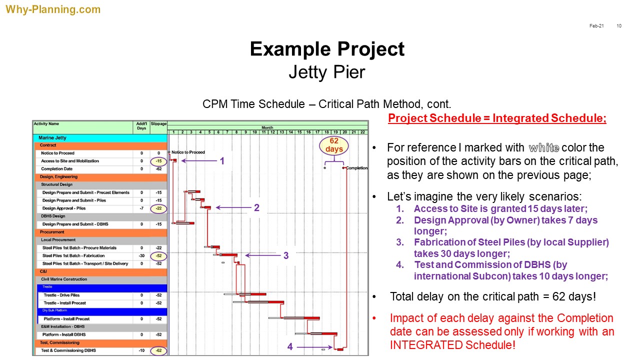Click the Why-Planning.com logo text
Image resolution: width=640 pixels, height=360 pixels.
tap(53, 9)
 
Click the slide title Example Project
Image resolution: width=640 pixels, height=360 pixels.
tap(327, 49)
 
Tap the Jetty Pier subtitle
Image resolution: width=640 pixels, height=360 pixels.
tap(327, 72)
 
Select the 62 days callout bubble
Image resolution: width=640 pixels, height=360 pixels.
tap(333, 145)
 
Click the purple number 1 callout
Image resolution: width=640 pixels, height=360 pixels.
tap(222, 161)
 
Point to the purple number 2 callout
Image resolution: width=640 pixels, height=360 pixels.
tap(256, 207)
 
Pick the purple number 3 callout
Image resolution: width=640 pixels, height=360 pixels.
tap(285, 255)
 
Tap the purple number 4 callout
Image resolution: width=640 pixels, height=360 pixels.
tap(290, 347)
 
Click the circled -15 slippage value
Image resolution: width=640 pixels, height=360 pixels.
tap(158, 161)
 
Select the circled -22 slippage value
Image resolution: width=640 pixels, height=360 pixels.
tap(158, 208)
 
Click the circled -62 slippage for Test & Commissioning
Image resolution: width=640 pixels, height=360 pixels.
tap(158, 350)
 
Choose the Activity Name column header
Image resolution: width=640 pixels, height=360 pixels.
tap(46, 123)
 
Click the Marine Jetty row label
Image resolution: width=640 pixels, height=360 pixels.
tap(52, 137)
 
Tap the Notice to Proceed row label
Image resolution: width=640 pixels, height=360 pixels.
tap(57, 153)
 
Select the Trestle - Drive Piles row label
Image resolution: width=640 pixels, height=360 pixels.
tap(61, 295)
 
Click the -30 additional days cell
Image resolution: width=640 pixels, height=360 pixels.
tap(141, 255)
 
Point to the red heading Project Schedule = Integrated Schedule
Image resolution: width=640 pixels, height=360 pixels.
tap(497, 118)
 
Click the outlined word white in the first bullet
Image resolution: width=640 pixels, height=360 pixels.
tap(543, 148)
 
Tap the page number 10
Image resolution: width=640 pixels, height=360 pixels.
tap(619, 26)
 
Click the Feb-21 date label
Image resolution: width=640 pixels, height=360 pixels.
tap(596, 26)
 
